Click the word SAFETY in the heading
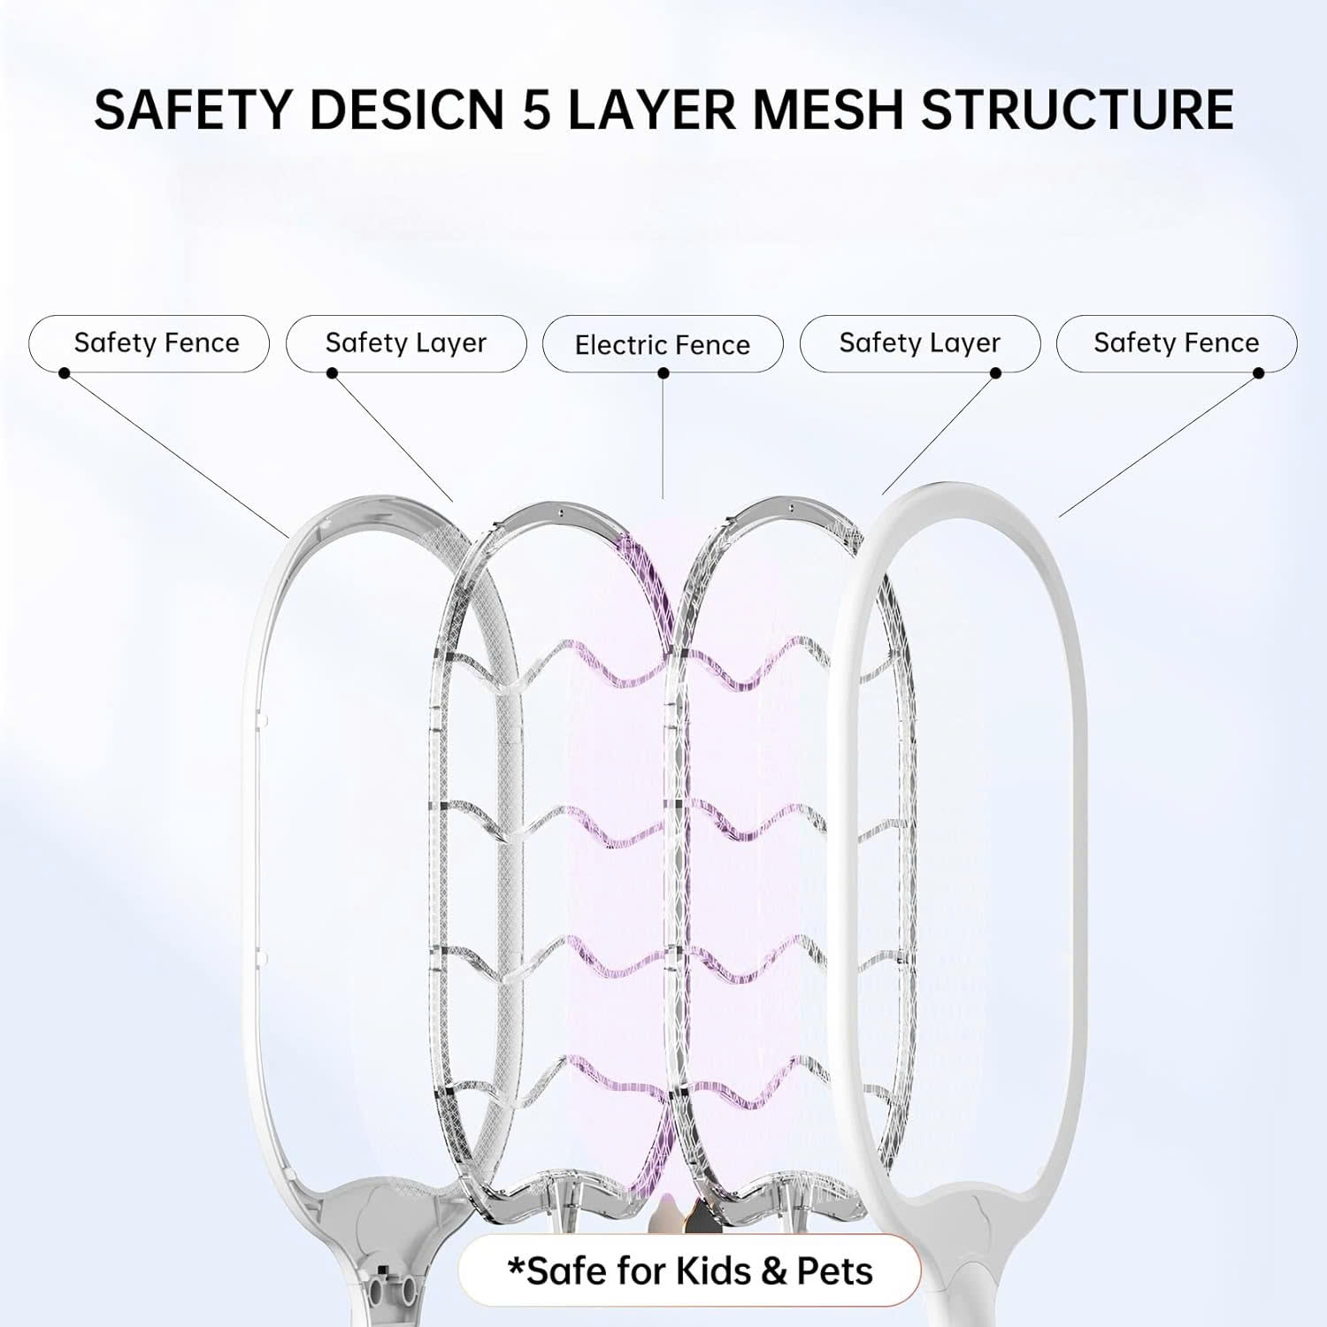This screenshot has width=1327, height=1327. click(x=192, y=110)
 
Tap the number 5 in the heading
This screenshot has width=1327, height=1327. click(x=536, y=110)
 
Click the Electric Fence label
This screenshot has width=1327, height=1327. click(x=662, y=344)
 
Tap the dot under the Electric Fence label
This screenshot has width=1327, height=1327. click(x=663, y=373)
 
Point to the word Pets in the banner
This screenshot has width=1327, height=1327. click(x=834, y=1271)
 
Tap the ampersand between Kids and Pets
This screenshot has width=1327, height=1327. click(x=774, y=1272)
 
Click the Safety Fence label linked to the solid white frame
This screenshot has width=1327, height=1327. click(x=1176, y=342)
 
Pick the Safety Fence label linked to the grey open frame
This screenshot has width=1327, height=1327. click(x=157, y=342)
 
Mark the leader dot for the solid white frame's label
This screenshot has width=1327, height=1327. click(x=1259, y=373)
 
